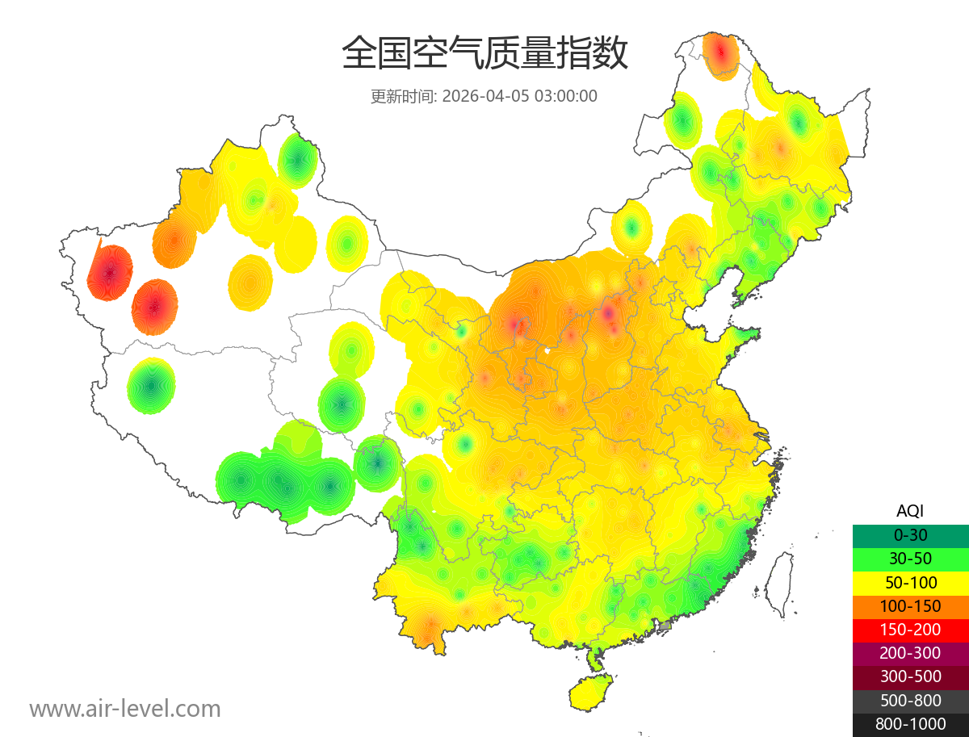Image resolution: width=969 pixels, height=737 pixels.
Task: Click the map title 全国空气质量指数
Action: pos(484,54)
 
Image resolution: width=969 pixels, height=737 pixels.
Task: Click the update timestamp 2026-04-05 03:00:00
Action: pos(520,96)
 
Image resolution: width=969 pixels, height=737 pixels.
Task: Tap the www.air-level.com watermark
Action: pos(125,709)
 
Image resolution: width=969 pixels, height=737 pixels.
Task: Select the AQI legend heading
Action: pos(910,510)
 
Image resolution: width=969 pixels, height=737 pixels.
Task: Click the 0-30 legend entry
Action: pos(910,535)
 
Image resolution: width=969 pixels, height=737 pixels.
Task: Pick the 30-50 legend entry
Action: pos(910,559)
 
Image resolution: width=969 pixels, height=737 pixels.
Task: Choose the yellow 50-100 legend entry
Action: pos(910,582)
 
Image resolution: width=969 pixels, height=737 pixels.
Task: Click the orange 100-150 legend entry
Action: pos(910,606)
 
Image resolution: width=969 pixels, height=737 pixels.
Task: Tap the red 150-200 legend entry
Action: pos(910,630)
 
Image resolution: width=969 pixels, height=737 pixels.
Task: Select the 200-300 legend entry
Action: pos(910,653)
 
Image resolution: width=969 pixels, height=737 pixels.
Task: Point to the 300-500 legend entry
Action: pos(910,676)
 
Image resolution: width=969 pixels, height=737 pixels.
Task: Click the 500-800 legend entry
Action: pos(910,701)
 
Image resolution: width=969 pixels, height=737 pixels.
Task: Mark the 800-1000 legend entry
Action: pos(910,724)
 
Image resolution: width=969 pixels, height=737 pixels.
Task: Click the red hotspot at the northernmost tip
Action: pos(720,53)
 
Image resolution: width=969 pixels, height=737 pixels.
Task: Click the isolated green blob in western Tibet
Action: pos(151,386)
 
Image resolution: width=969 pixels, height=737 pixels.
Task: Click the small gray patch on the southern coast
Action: pos(665,626)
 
